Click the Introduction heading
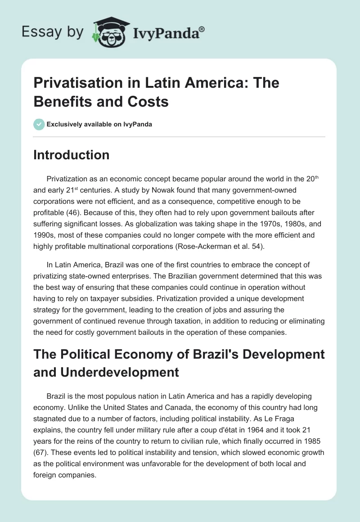coord(72,155)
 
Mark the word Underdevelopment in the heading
coord(106,372)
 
